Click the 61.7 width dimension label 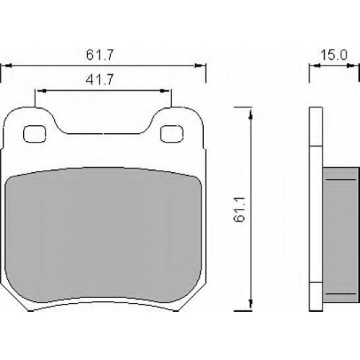(99, 55)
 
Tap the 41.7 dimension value (99, 79)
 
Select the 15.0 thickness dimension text (334, 55)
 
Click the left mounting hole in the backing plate (35, 134)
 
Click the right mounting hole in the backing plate (171, 134)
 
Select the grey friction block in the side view (341, 235)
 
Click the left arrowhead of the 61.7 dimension (8, 66)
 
